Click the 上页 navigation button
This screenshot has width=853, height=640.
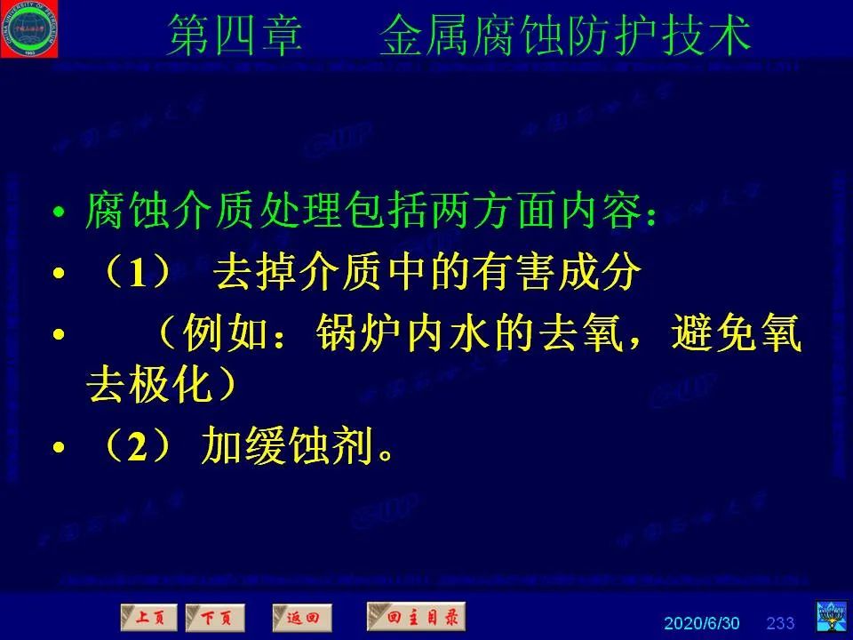pyautogui.click(x=148, y=616)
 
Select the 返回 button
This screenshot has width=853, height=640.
pyautogui.click(x=302, y=616)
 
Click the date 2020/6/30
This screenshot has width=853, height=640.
pyautogui.click(x=701, y=622)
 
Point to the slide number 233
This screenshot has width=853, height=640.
pyautogui.click(x=780, y=622)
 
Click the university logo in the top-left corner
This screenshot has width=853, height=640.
pyautogui.click(x=29, y=28)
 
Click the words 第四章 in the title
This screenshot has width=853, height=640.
pyautogui.click(x=235, y=36)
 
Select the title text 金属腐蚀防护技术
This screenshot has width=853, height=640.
pyautogui.click(x=565, y=36)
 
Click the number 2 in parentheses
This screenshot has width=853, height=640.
pyautogui.click(x=137, y=448)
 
